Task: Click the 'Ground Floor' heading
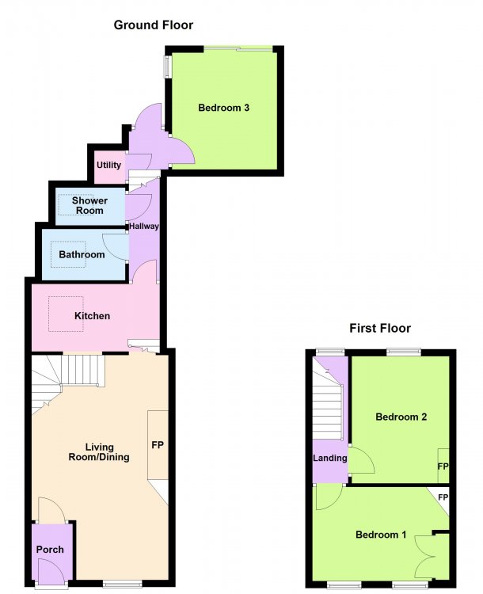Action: [x=153, y=25]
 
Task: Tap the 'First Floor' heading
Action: [x=380, y=328]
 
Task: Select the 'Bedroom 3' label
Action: [x=223, y=108]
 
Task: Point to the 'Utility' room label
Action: [x=108, y=165]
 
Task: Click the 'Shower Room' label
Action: [x=89, y=205]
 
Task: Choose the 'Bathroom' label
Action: [x=82, y=254]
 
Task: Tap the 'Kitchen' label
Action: [x=92, y=315]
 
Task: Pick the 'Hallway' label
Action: [x=144, y=227]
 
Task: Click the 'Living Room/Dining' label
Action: [x=99, y=452]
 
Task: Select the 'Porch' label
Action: [x=50, y=550]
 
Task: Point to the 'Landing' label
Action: [x=330, y=458]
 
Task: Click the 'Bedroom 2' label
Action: [x=401, y=417]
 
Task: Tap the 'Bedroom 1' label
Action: [x=381, y=535]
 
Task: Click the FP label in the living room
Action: [x=158, y=445]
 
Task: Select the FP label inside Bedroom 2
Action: [x=443, y=466]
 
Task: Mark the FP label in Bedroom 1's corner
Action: [x=443, y=497]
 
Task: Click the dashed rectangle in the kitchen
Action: [x=66, y=314]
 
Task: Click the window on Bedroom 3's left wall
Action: [x=167, y=67]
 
